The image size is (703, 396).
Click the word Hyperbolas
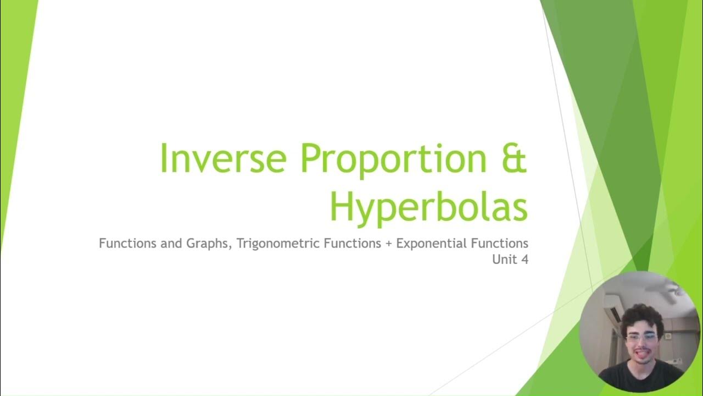[x=428, y=206]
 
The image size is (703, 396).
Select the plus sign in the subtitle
[x=388, y=244]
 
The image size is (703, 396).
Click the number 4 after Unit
[x=525, y=260]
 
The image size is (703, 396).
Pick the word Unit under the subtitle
[x=504, y=260]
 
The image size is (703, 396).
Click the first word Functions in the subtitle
[x=128, y=243]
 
